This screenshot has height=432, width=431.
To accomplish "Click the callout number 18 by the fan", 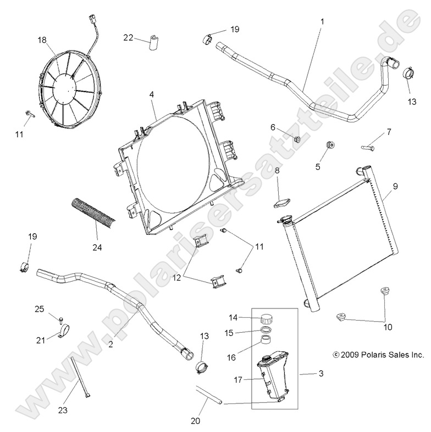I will coord(42,40).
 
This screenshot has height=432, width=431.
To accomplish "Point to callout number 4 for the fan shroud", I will coord(151,95).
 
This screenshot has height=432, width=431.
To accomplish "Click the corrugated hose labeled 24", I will coord(85,214).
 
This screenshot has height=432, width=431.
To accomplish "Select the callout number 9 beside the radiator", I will coord(393,186).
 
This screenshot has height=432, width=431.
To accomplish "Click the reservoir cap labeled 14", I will coord(267,317).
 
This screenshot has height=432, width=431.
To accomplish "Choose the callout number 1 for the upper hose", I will coord(322,21).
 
